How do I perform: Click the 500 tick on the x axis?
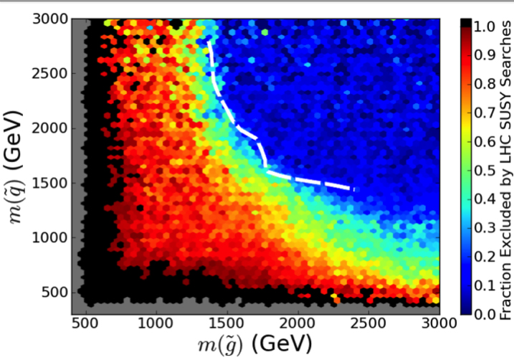[87, 314]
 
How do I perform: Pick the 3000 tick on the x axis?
[439, 314]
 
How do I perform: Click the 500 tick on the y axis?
[72, 292]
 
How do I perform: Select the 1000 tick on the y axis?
[72, 237]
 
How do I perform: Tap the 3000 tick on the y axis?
[72, 19]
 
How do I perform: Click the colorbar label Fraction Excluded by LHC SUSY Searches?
[505, 166]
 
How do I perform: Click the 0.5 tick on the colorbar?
[474, 170]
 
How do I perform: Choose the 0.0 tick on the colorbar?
[474, 314]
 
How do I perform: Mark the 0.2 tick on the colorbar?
[474, 256]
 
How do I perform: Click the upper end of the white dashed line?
[209, 42]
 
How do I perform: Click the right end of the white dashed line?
[353, 189]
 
